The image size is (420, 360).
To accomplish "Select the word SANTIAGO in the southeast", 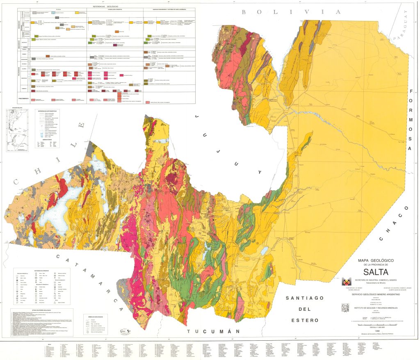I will click(x=306, y=298).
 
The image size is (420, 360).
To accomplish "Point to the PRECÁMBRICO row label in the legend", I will click(x=23, y=98).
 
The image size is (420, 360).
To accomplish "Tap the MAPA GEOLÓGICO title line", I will click(x=376, y=260).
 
